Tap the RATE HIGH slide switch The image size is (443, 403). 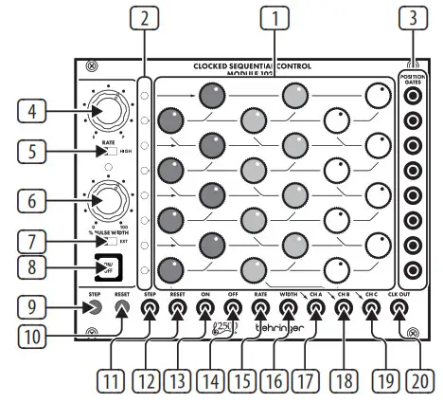coord(110,153)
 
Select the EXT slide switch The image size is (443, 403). coord(110,243)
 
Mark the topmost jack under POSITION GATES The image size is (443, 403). coord(411,100)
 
